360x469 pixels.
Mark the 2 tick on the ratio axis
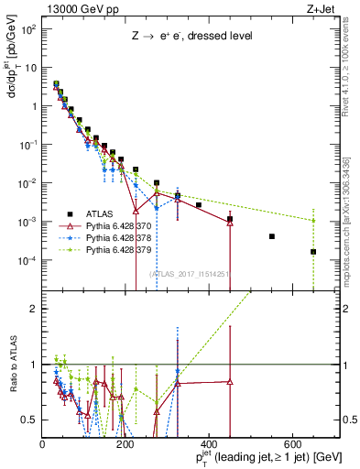point(36,309)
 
